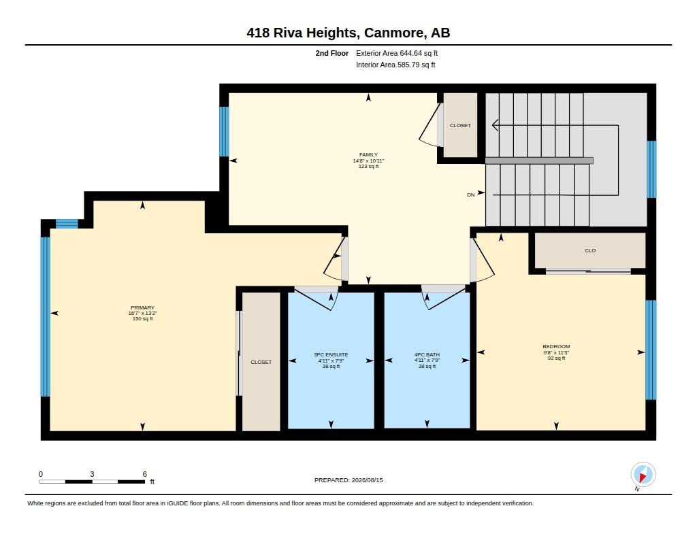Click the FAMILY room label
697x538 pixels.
click(368, 154)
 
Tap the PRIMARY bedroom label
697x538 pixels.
click(142, 307)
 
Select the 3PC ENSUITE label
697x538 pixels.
click(331, 354)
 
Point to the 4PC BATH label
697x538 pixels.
click(427, 354)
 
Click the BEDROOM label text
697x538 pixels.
click(556, 346)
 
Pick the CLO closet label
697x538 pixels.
click(590, 250)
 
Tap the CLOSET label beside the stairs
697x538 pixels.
click(460, 125)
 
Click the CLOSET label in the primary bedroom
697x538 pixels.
click(261, 362)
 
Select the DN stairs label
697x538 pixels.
click(471, 195)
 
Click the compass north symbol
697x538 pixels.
click(643, 475)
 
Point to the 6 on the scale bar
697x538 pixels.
click(144, 474)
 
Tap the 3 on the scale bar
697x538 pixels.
click(92, 474)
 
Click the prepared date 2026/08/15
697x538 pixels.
click(367, 480)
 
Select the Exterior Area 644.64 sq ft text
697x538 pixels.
click(397, 53)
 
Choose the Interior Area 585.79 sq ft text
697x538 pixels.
click(395, 65)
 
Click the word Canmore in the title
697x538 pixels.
click(395, 33)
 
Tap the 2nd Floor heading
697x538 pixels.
click(332, 53)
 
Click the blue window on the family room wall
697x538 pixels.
click(225, 131)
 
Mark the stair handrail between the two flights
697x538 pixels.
click(539, 161)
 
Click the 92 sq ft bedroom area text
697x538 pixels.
click(556, 358)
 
